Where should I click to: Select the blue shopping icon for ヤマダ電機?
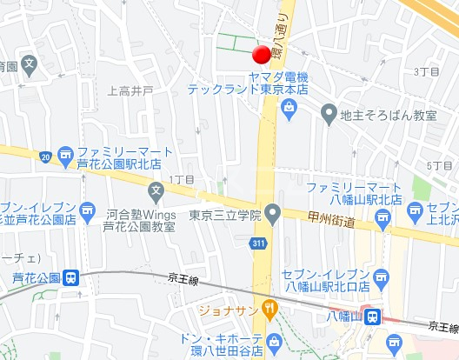(x=289, y=107)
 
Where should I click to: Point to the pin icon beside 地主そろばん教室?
(x=329, y=112)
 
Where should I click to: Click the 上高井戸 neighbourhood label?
(x=130, y=90)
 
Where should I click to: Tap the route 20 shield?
(x=44, y=156)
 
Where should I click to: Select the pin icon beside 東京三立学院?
(x=273, y=212)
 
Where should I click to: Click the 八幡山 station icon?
(x=372, y=317)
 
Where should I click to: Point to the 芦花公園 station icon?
(x=71, y=278)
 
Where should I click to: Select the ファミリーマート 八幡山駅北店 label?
(x=354, y=193)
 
